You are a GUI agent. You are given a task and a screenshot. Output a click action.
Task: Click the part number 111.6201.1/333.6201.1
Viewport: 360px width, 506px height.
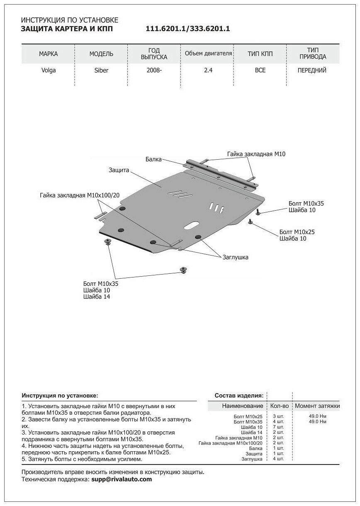click(188, 29)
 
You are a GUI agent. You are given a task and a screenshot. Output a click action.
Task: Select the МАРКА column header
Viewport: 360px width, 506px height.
click(48, 54)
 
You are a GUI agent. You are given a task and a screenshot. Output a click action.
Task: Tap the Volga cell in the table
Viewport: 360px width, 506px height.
click(48, 70)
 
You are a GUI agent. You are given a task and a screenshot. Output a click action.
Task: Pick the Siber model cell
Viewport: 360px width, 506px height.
click(101, 70)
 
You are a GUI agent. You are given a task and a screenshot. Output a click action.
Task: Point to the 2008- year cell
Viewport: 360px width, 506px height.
click(154, 70)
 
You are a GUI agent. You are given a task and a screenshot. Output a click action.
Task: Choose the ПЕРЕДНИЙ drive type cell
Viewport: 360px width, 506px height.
click(312, 70)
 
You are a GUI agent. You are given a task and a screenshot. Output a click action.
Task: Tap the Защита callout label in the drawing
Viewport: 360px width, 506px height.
click(119, 170)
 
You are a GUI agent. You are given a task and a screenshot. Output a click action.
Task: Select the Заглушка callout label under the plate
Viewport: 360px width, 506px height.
click(235, 257)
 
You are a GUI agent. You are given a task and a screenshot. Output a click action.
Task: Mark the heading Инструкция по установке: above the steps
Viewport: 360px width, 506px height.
click(60, 396)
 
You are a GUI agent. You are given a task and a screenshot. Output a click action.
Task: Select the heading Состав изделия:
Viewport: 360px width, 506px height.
click(239, 396)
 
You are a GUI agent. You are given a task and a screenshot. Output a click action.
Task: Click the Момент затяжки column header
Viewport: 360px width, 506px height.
click(317, 406)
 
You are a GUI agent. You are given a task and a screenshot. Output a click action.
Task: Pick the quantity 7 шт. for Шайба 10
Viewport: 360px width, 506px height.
click(278, 427)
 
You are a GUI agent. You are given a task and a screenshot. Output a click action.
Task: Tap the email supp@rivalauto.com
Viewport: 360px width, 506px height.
click(122, 479)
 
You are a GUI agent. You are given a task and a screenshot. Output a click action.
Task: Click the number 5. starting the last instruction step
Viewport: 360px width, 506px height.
click(24, 459)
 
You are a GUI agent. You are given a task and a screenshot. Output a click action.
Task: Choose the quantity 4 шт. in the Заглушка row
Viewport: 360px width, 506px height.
click(278, 459)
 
